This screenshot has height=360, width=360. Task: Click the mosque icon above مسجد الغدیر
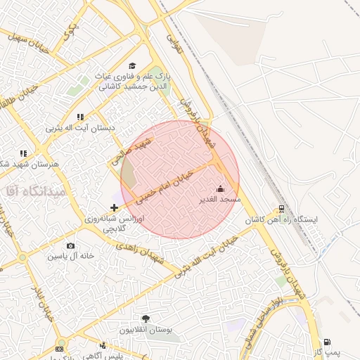pyautogui.click(x=221, y=188)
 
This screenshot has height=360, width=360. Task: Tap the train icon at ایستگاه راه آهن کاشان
pyautogui.click(x=281, y=209)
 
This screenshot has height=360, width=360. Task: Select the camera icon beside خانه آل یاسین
pyautogui.click(x=70, y=245)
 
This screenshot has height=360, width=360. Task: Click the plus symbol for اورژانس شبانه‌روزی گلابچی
pyautogui.click(x=115, y=207)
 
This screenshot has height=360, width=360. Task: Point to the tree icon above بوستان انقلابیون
pyautogui.click(x=146, y=319)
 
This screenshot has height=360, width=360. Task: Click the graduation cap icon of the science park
pyautogui.click(x=132, y=65)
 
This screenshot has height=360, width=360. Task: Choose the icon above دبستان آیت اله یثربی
pyautogui.click(x=80, y=117)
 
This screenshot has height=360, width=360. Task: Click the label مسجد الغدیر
pyautogui.click(x=221, y=200)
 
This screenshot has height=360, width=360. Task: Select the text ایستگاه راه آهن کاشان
pyautogui.click(x=281, y=220)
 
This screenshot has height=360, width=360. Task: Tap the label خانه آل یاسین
pyautogui.click(x=71, y=256)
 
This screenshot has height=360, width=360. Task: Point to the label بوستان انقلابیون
pyautogui.click(x=146, y=329)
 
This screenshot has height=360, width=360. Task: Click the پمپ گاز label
pyautogui.click(x=326, y=351)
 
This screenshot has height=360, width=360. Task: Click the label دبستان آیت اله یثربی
pyautogui.click(x=80, y=128)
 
